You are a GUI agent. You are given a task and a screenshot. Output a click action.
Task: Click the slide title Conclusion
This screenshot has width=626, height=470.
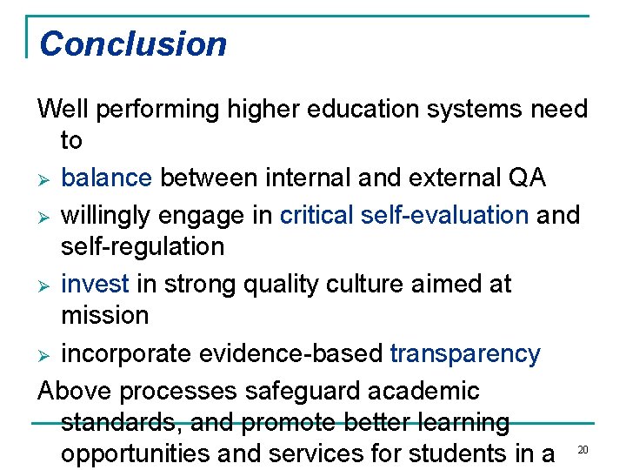[133, 44]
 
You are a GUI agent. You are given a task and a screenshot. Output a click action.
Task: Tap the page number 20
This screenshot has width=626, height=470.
[583, 449]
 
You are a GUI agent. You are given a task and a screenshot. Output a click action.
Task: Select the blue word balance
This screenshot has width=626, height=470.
[106, 178]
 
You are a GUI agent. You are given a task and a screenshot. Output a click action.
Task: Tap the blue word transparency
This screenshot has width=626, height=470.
[465, 354]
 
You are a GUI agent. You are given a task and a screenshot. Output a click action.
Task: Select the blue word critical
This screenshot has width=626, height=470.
[316, 214]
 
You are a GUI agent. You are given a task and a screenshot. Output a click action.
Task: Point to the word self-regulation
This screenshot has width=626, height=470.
[143, 246]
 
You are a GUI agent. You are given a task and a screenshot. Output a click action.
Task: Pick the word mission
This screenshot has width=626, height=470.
[104, 315]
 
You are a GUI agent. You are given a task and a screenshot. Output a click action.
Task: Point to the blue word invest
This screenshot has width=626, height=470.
[95, 284]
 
